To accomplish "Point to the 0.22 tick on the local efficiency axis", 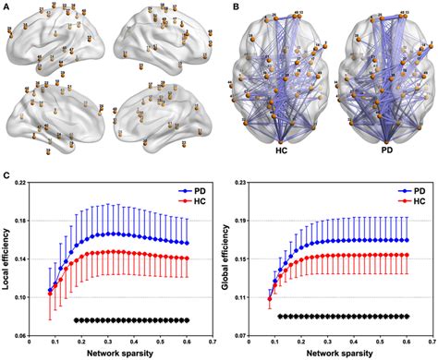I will (29, 183).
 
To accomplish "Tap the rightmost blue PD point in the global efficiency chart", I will (408, 240).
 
